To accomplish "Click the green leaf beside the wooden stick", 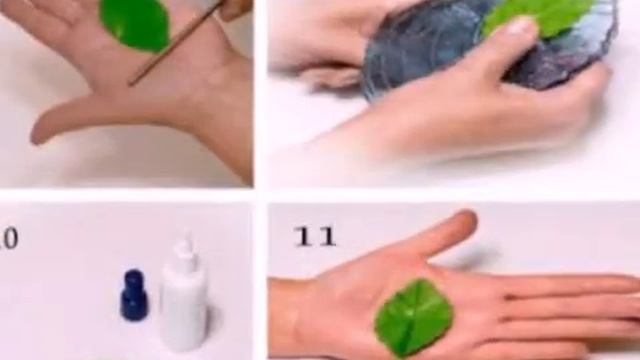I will click(x=135, y=25).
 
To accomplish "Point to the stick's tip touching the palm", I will click(x=131, y=83).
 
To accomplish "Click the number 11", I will click(x=314, y=237).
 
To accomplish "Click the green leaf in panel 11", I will click(x=412, y=316).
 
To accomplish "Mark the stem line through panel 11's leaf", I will click(x=411, y=318).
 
